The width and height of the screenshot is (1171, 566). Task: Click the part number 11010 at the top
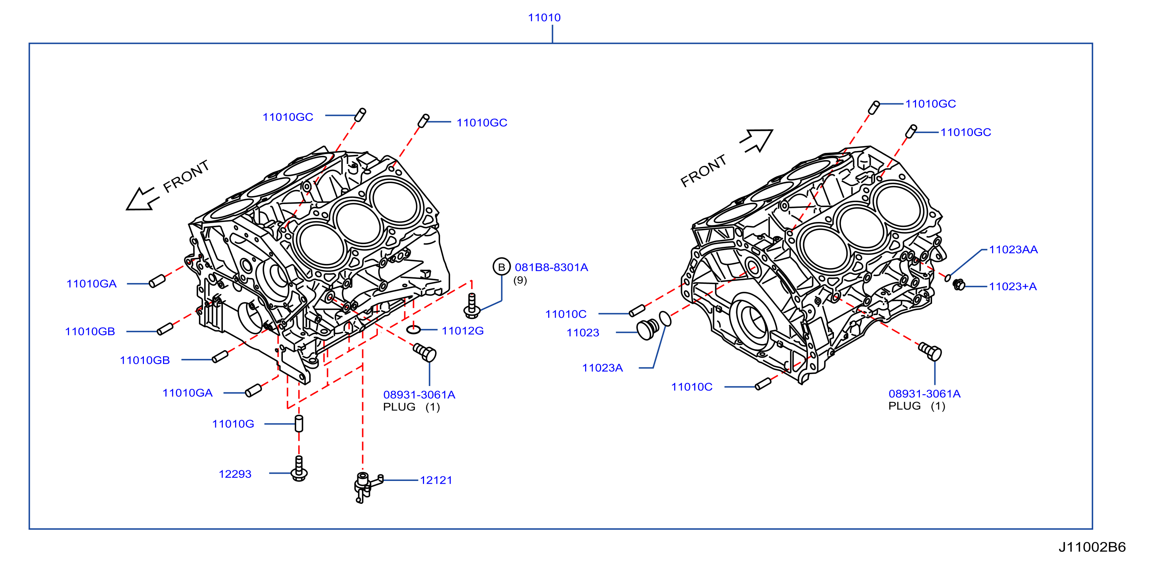coord(544,18)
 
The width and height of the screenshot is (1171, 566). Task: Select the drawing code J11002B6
coord(1092,547)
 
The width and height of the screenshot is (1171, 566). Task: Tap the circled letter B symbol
coord(502,267)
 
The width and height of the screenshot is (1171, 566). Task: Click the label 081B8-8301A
coord(552,268)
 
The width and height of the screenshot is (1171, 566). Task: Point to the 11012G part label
coord(463,331)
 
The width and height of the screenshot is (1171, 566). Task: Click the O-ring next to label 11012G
coord(413,329)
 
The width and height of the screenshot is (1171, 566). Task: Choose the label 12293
coord(235,474)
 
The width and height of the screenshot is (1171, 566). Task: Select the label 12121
coord(436,480)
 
